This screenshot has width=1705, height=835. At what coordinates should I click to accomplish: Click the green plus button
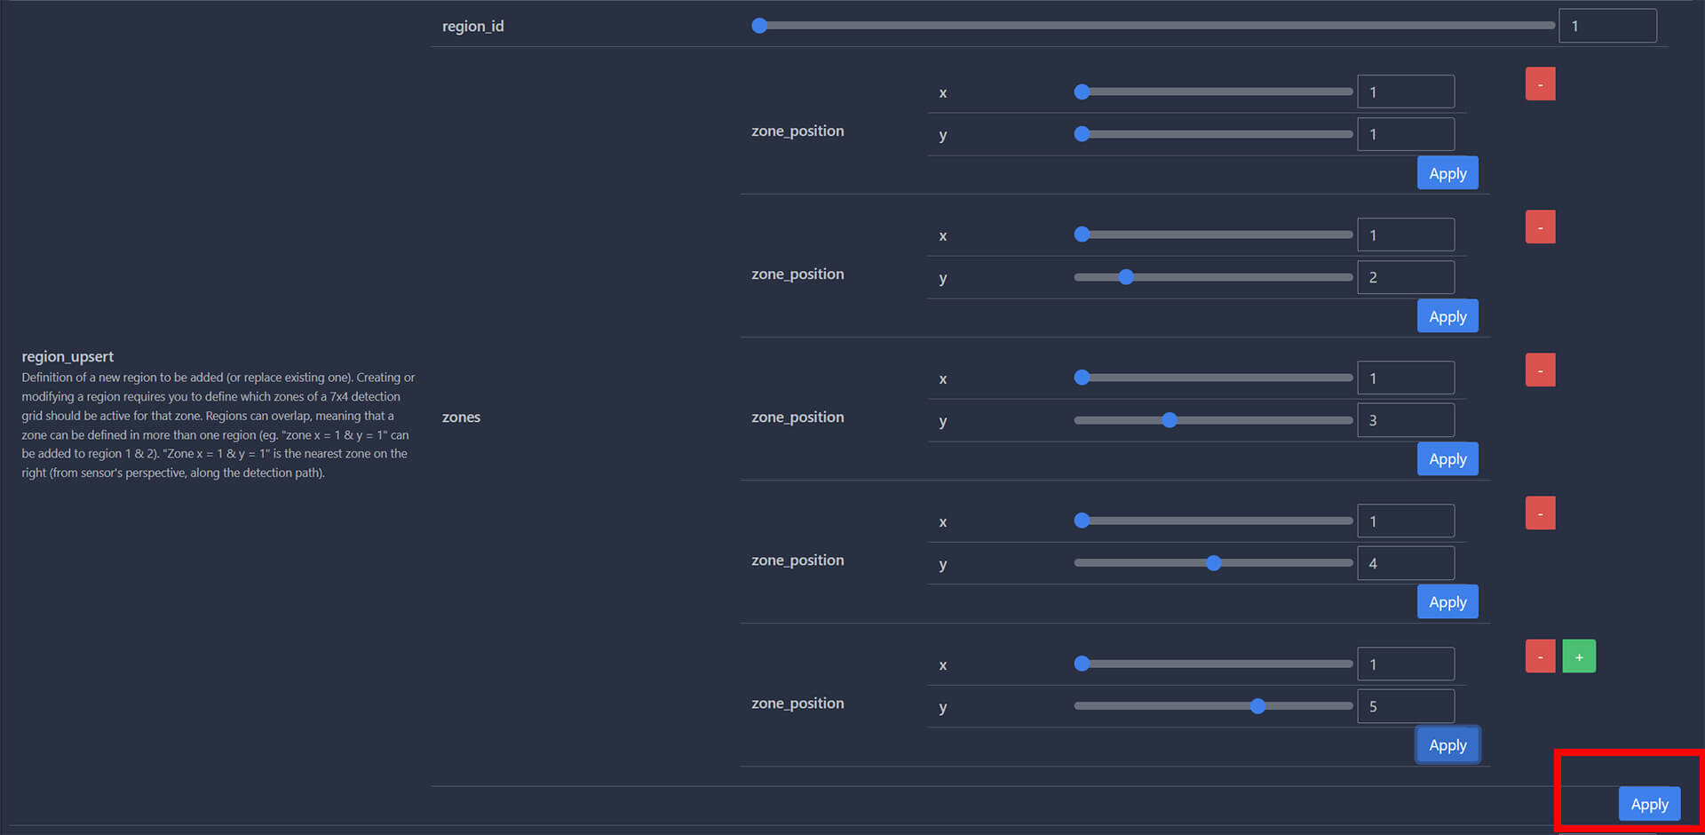pyautogui.click(x=1578, y=656)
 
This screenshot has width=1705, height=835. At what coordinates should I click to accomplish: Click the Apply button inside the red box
pyautogui.click(x=1649, y=804)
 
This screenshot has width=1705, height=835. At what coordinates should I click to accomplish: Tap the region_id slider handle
pyautogui.click(x=759, y=26)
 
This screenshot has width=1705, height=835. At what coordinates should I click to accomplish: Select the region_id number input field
pyautogui.click(x=1607, y=26)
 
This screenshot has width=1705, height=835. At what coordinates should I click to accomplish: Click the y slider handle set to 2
pyautogui.click(x=1126, y=277)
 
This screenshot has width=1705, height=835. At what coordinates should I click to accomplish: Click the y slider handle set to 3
pyautogui.click(x=1170, y=420)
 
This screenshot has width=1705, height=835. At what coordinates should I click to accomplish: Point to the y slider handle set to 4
pyautogui.click(x=1214, y=563)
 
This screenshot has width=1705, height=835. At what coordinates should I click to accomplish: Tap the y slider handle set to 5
pyautogui.click(x=1257, y=706)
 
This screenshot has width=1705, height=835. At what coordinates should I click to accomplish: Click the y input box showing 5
pyautogui.click(x=1406, y=706)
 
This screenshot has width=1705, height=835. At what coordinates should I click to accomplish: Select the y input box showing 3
pyautogui.click(x=1406, y=420)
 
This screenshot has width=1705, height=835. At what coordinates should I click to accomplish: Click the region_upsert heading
pyautogui.click(x=67, y=356)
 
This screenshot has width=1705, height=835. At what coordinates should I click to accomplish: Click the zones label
pyautogui.click(x=461, y=417)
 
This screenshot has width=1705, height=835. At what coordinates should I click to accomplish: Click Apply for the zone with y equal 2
pyautogui.click(x=1447, y=316)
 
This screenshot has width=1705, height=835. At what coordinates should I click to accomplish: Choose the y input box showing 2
pyautogui.click(x=1406, y=277)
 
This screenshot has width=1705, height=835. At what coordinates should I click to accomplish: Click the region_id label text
pyautogui.click(x=472, y=27)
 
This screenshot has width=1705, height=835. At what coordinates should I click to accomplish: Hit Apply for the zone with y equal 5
pyautogui.click(x=1447, y=745)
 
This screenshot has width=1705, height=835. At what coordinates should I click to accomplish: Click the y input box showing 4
pyautogui.click(x=1406, y=563)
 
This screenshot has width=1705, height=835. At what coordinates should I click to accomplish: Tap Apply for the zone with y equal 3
pyautogui.click(x=1447, y=459)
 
